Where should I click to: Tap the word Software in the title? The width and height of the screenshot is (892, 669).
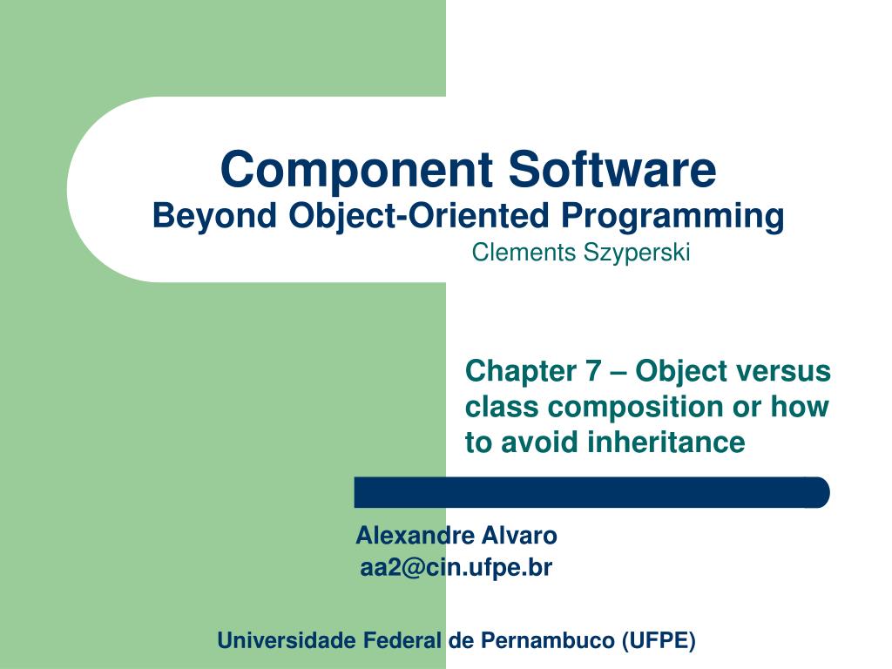click(x=612, y=170)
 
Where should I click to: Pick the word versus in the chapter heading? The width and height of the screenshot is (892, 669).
click(x=787, y=371)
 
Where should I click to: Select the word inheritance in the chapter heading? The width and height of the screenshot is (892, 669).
click(x=666, y=442)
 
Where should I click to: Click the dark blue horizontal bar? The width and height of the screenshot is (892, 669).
click(x=591, y=492)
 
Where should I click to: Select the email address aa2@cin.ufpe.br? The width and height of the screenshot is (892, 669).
click(x=456, y=568)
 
